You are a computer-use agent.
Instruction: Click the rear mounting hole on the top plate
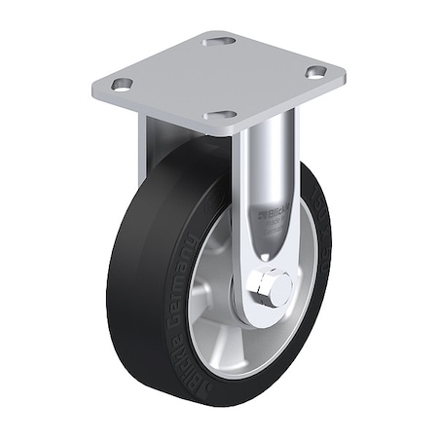pyautogui.click(x=215, y=42)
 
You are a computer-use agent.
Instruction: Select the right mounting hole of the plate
pyautogui.click(x=314, y=71)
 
